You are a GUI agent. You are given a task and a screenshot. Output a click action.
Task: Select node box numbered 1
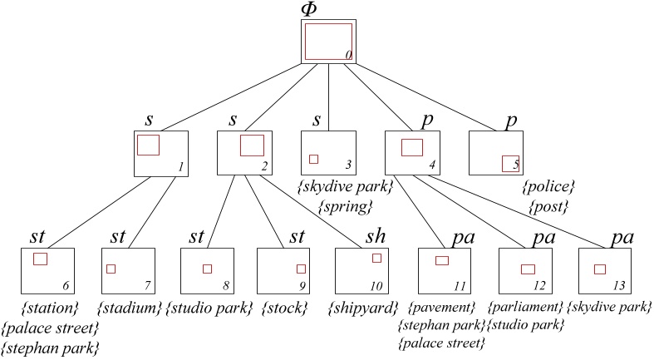tap(160, 154)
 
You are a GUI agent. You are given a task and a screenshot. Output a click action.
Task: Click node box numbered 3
tap(328, 154)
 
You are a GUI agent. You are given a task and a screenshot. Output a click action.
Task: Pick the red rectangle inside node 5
tap(509, 163)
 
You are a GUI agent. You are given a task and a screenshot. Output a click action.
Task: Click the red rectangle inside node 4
tap(412, 148)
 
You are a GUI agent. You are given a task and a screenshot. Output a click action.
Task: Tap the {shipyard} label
tap(361, 308)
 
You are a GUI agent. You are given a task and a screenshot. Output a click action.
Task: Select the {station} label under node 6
tap(48, 308)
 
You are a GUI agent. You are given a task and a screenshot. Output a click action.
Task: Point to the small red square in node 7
tap(111, 269)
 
